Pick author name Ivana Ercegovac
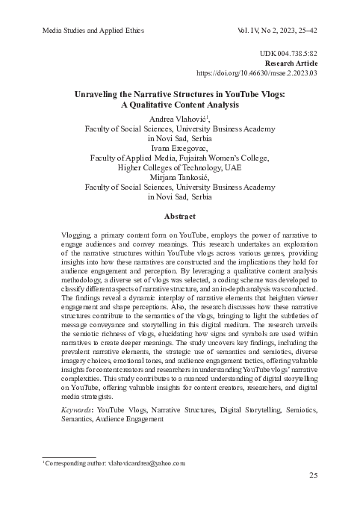coord(180,149)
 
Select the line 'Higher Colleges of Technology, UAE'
coord(180,168)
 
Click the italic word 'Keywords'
coord(78,411)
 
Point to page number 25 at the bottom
coord(314,476)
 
